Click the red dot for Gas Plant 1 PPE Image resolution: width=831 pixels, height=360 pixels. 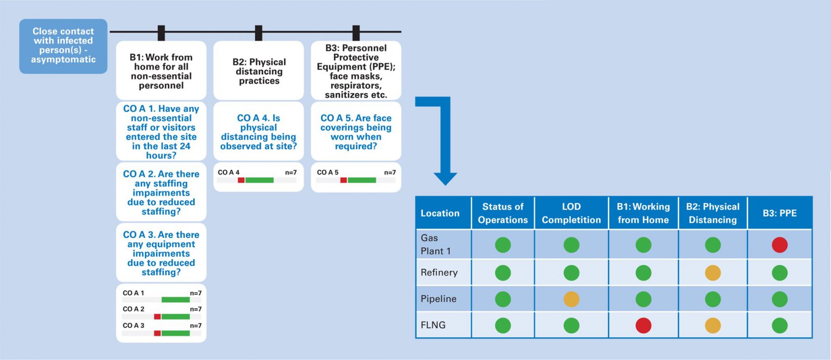point(780,245)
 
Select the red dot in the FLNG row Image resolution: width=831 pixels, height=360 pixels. point(644,325)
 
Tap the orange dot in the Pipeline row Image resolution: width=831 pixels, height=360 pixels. point(571,299)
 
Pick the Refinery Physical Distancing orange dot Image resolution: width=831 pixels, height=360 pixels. point(713,273)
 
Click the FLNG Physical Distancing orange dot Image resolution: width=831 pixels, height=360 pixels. point(713,325)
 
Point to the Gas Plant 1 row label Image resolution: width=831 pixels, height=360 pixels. point(436,245)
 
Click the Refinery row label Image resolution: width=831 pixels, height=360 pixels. point(439,272)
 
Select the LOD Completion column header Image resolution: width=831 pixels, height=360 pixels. point(571,213)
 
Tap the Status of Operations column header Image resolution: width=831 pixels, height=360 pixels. point(503,213)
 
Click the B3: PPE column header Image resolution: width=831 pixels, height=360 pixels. point(780,213)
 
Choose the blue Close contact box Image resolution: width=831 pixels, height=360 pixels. point(63,46)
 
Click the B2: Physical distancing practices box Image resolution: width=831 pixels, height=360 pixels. point(259,70)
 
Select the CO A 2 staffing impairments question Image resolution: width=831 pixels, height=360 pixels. point(161,192)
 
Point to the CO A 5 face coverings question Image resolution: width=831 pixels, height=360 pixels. point(356,131)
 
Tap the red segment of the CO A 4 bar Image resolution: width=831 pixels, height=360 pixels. point(241,180)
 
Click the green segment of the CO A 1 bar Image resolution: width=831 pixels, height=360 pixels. point(176,300)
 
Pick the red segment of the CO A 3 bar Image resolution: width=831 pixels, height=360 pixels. point(157,334)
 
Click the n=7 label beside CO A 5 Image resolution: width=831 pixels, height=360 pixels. point(390,172)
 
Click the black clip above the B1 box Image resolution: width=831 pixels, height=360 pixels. point(161,33)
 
